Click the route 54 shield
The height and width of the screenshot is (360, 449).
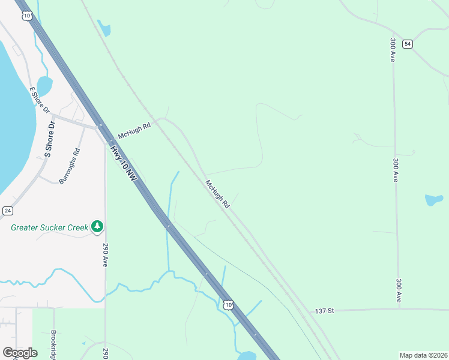tap(408, 44)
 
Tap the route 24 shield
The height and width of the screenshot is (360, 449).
tap(7, 211)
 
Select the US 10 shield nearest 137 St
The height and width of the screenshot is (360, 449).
tap(228, 305)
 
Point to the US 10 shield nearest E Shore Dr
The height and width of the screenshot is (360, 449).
tap(26, 16)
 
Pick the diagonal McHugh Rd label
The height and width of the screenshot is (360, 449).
tap(217, 194)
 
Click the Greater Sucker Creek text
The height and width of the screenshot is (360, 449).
tap(50, 227)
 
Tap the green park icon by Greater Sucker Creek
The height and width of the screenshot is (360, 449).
tap(97, 227)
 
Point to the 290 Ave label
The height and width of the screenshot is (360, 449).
tap(105, 255)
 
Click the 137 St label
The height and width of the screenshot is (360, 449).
tap(324, 311)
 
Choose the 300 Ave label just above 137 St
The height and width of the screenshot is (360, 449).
tap(399, 290)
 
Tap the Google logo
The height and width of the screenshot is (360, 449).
tap(20, 353)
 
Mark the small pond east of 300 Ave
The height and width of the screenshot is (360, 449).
tap(434, 199)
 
